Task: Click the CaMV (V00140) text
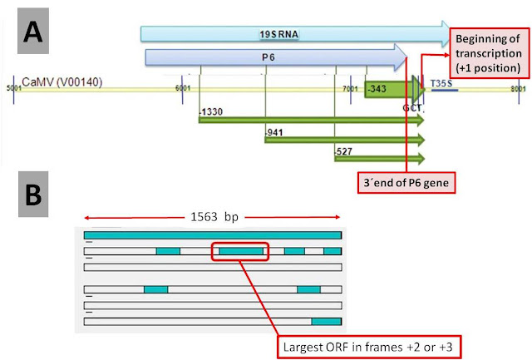(58, 82)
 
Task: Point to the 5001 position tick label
(12, 86)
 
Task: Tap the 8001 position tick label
(517, 86)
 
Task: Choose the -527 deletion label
(342, 152)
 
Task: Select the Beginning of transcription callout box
(486, 51)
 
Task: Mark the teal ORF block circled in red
(241, 250)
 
